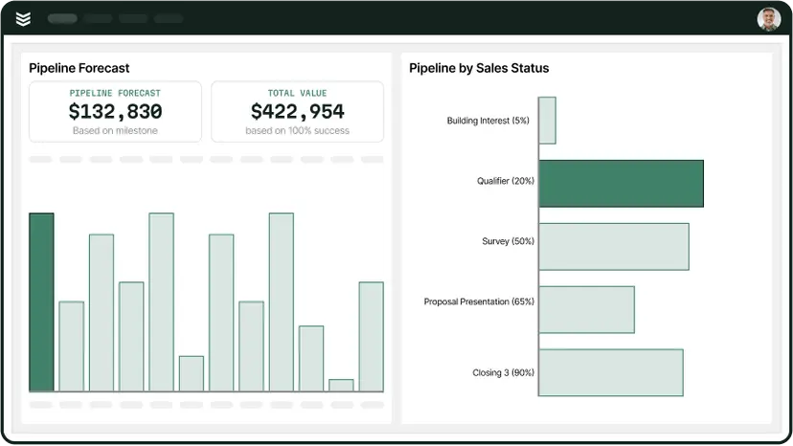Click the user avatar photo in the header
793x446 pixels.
(x=769, y=19)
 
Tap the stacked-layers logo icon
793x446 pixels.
(x=23, y=19)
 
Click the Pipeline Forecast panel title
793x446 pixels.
(x=79, y=68)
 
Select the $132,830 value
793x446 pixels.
(x=115, y=111)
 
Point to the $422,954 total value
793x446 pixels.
(x=297, y=111)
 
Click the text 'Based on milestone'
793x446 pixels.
(x=115, y=130)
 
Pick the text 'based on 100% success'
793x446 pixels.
(x=297, y=130)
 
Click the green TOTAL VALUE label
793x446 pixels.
(x=297, y=93)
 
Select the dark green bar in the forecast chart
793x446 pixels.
(x=41, y=302)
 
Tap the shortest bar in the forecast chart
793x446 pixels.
(x=341, y=385)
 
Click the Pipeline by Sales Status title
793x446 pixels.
(x=479, y=68)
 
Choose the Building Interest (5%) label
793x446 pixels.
(x=487, y=121)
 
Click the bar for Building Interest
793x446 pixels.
(x=547, y=121)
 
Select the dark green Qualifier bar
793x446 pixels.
(x=621, y=183)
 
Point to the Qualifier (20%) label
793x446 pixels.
(x=506, y=181)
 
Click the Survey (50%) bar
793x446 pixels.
(x=613, y=246)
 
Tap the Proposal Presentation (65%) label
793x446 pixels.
(x=479, y=301)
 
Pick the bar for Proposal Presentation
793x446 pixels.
(x=586, y=309)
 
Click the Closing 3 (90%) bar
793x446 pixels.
(x=610, y=372)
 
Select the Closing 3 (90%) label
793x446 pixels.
(x=503, y=372)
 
